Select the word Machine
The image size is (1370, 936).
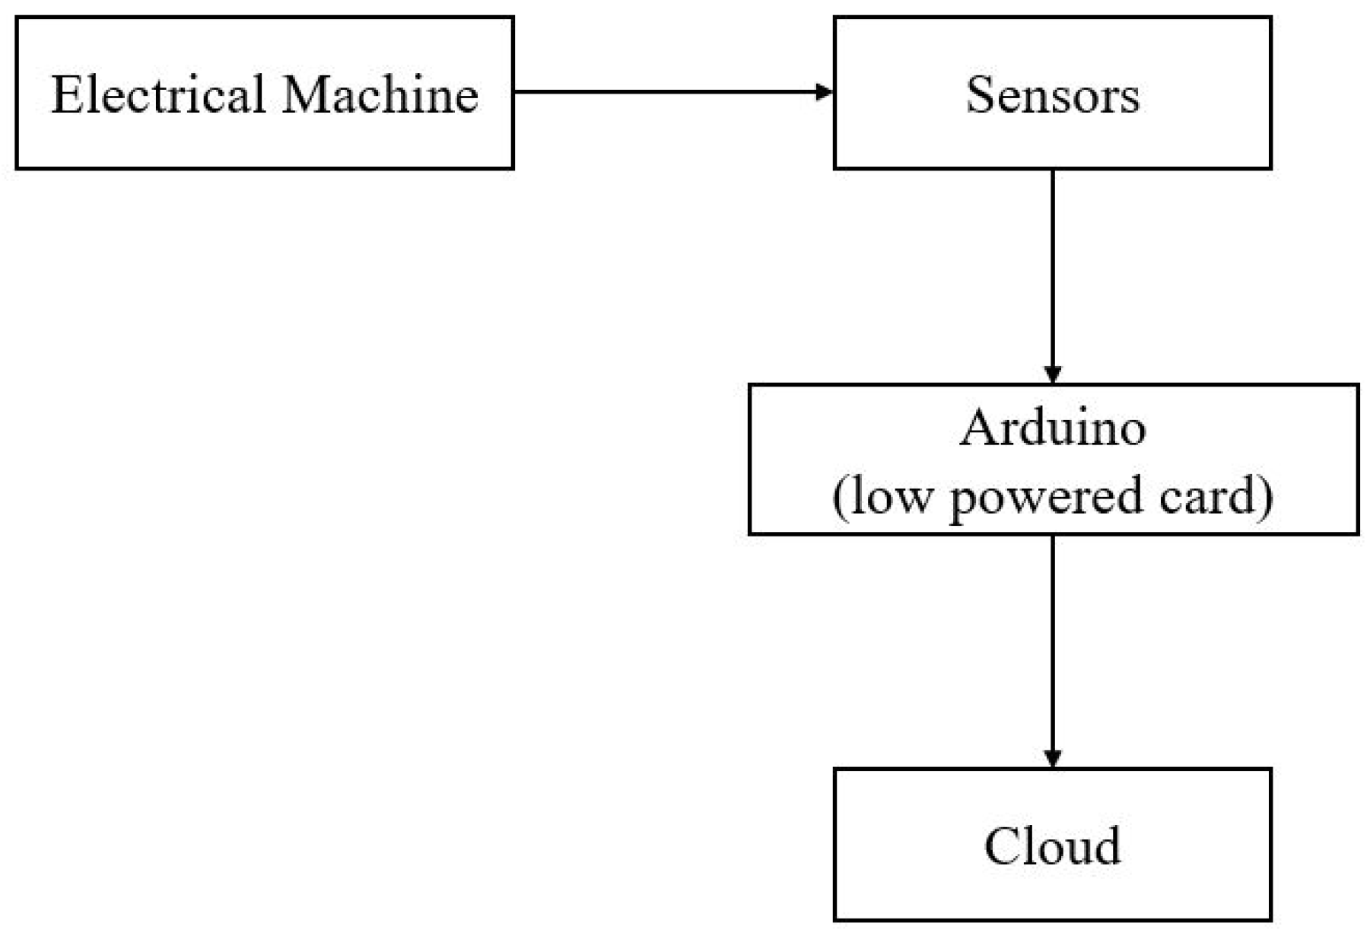tap(380, 94)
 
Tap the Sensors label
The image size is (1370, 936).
tap(1053, 95)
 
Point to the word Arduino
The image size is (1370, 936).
tap(1053, 428)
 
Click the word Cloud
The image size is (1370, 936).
tap(1053, 846)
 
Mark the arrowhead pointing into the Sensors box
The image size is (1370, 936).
tap(825, 92)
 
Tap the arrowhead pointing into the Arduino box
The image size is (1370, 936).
tap(1053, 374)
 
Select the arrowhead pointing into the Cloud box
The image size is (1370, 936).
tap(1053, 759)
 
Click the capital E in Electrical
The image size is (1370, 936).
tap(67, 94)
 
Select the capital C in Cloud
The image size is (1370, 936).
tap(1001, 846)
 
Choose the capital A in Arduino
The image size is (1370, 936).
tap(978, 428)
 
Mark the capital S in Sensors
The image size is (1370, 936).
tap(980, 95)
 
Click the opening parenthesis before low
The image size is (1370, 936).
tap(840, 498)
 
